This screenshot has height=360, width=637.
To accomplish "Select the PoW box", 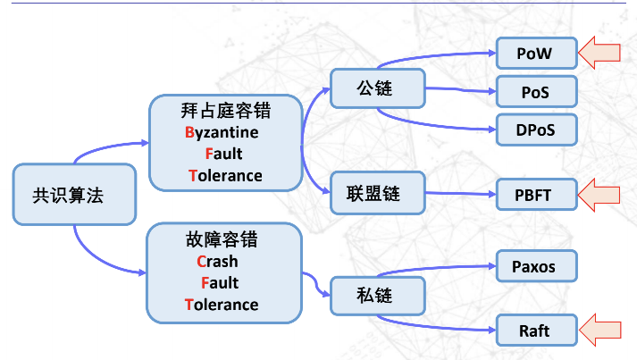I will pos(535,54).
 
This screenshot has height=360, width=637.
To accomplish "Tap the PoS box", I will pos(535,91).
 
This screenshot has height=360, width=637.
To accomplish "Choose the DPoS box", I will pos(535,130).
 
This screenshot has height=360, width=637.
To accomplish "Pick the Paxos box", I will pos(535,266).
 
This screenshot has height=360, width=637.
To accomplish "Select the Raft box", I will pos(535,331).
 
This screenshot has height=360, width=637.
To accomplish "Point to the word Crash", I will pos(217,262).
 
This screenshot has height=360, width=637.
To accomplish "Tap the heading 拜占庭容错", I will pos(226,111).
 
